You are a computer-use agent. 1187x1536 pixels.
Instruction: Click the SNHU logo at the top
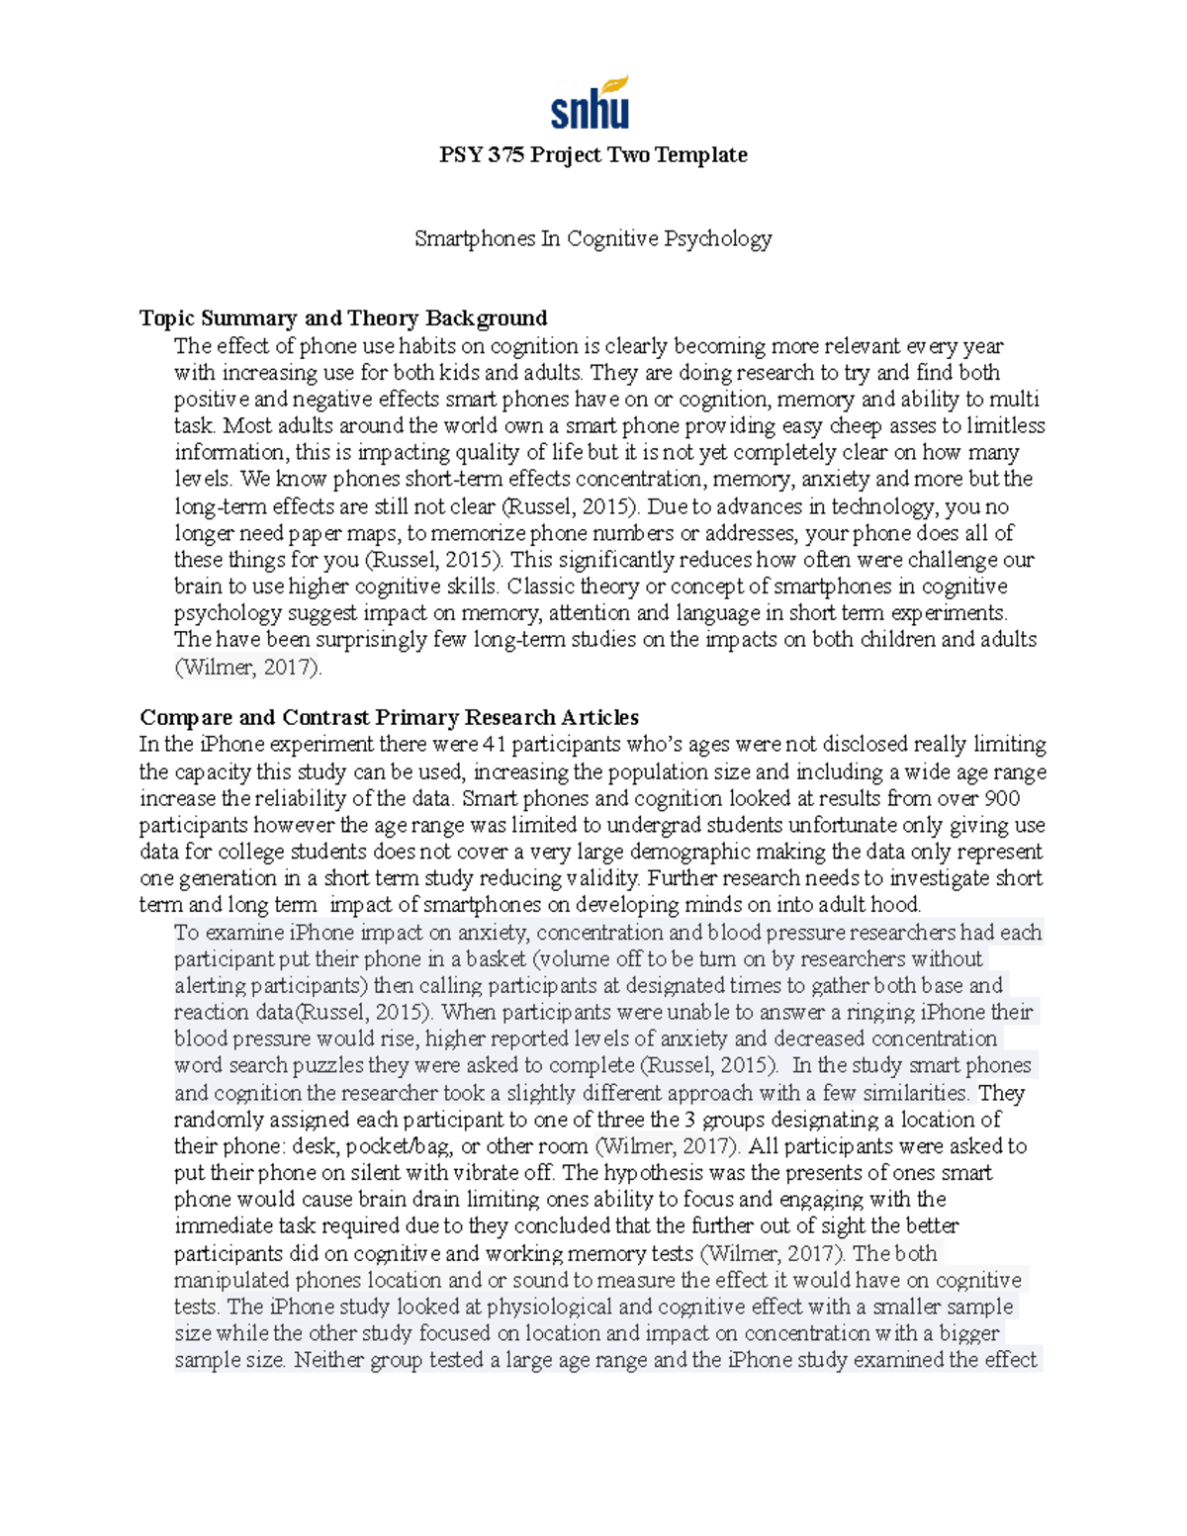tap(591, 103)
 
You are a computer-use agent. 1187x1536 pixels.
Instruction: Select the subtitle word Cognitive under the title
tap(612, 238)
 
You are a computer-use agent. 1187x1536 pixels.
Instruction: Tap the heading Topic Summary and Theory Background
tap(343, 317)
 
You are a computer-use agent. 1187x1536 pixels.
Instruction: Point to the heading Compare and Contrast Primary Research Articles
tap(389, 717)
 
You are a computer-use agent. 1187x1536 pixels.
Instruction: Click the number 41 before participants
tap(494, 744)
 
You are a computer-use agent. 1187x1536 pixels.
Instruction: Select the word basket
tap(496, 959)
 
